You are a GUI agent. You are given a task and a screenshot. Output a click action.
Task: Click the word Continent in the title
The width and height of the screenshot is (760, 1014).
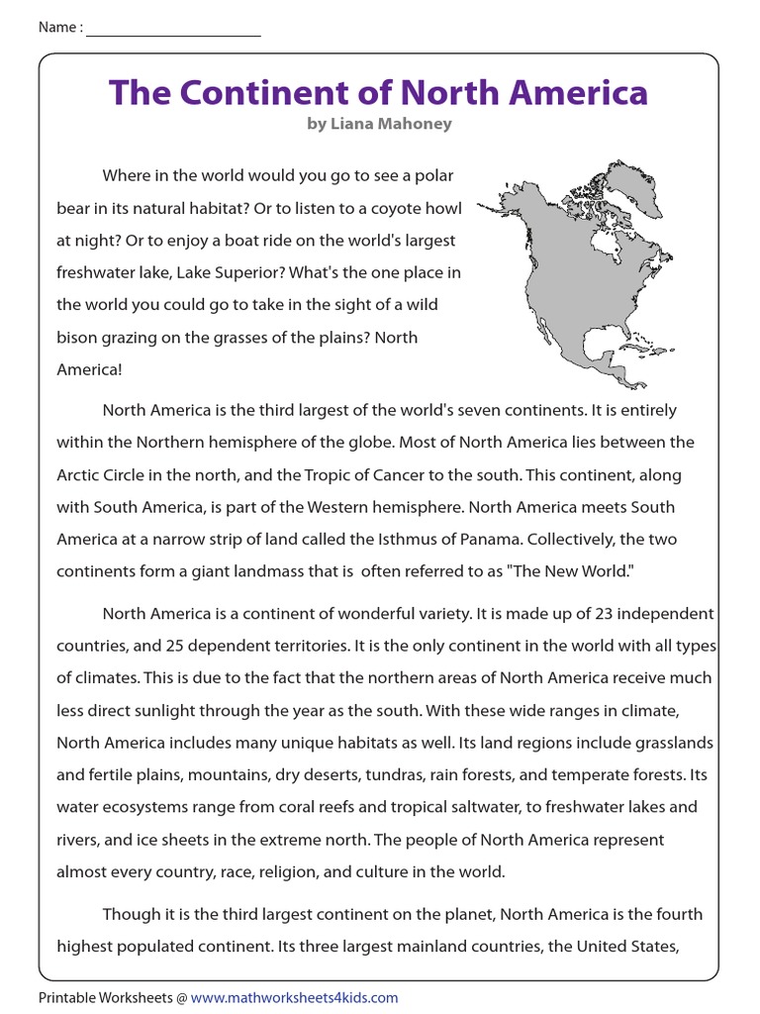coord(262,93)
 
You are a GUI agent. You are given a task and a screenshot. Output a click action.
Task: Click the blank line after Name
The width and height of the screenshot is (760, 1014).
coord(173,29)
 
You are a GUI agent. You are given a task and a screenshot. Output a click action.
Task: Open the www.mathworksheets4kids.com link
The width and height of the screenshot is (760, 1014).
coord(294,997)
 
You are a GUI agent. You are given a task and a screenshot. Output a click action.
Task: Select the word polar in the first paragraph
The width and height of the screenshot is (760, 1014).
coord(433,175)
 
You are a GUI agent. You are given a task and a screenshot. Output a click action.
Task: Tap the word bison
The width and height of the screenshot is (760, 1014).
coord(77,338)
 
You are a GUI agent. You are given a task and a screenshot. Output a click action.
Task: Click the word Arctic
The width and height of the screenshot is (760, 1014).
coord(79,474)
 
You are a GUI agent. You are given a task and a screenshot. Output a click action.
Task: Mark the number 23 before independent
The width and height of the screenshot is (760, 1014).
coord(611,614)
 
